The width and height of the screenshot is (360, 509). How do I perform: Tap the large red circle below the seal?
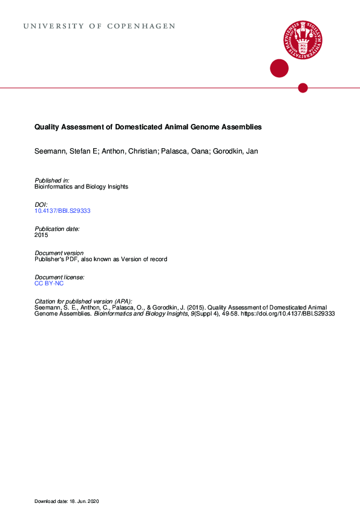[x=279, y=68]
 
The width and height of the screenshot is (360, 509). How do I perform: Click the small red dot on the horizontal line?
[x=303, y=88]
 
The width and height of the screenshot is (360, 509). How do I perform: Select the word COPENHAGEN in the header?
[x=142, y=27]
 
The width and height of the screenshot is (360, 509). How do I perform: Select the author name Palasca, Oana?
[x=180, y=151]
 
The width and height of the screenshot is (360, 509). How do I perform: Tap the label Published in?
[x=52, y=181]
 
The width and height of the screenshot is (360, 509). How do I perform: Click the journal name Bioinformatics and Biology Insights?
[x=81, y=187]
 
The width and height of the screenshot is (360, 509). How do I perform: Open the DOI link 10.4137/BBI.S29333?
[x=62, y=211]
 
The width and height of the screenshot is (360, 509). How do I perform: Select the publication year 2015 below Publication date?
[x=41, y=235]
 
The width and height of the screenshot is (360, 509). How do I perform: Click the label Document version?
[x=59, y=253]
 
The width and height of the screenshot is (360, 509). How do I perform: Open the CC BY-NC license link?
[x=49, y=283]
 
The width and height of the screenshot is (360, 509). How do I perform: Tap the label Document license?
[x=59, y=277]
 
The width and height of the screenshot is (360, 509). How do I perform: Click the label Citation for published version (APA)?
[x=83, y=301]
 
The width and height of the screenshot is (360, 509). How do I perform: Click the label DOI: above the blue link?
[x=41, y=205]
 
